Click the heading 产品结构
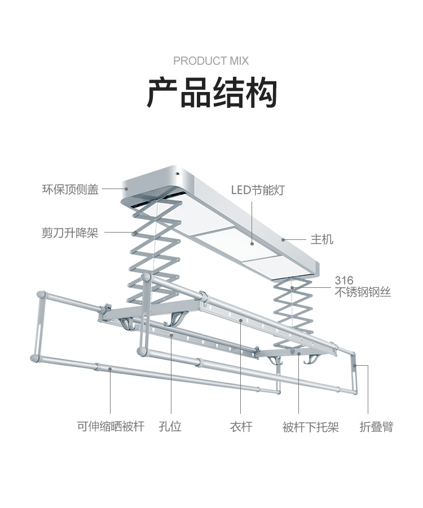click(211, 94)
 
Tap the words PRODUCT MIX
click(211, 61)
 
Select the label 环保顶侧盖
click(70, 190)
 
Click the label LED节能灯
click(258, 190)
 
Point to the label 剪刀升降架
click(70, 233)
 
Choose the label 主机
click(321, 239)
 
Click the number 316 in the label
click(344, 281)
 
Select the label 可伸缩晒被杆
click(111, 427)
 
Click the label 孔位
click(170, 427)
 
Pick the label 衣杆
click(241, 427)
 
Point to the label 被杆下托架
click(311, 427)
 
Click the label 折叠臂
click(376, 427)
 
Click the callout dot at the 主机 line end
click(284, 239)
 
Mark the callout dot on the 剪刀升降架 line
click(134, 233)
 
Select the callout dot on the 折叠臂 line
click(355, 366)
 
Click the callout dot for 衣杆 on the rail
click(241, 321)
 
